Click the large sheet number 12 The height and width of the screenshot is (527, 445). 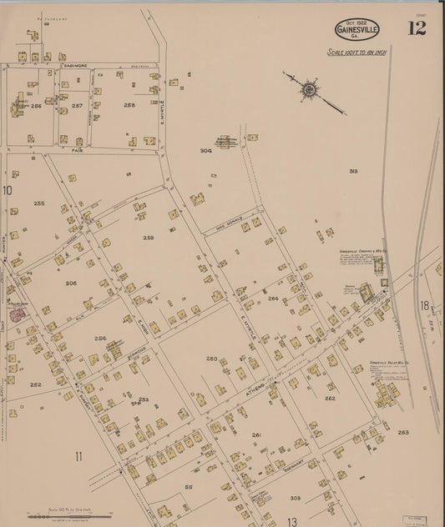[417, 28]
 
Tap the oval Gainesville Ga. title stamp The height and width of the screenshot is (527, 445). [357, 29]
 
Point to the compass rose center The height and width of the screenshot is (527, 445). [310, 87]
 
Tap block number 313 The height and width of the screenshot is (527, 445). [353, 171]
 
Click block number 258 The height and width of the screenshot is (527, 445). [129, 105]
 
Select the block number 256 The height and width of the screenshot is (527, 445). [36, 106]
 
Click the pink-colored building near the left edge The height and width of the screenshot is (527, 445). [17, 314]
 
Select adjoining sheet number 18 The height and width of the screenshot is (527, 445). [425, 305]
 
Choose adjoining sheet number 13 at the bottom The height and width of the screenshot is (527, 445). [292, 521]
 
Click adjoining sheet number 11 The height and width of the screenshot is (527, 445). [78, 455]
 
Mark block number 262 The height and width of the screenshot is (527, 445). [330, 399]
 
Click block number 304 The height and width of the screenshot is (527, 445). [205, 151]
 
